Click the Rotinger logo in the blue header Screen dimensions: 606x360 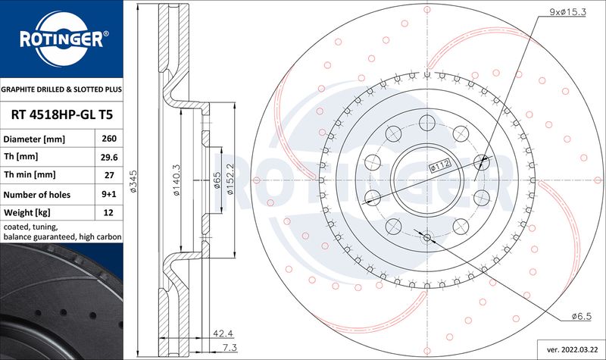tap(62, 39)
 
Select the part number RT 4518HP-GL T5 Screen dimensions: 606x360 tap(62, 115)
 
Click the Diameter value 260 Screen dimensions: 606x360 tap(109, 139)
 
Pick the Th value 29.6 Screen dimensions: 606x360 tap(109, 158)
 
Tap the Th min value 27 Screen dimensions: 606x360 tap(109, 175)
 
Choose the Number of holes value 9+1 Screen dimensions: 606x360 tap(109, 194)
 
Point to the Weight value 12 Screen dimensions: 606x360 tap(108, 212)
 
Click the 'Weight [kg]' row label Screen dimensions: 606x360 tap(27, 212)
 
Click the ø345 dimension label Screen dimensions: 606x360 tap(133, 181)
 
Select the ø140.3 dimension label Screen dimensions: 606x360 tap(176, 180)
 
